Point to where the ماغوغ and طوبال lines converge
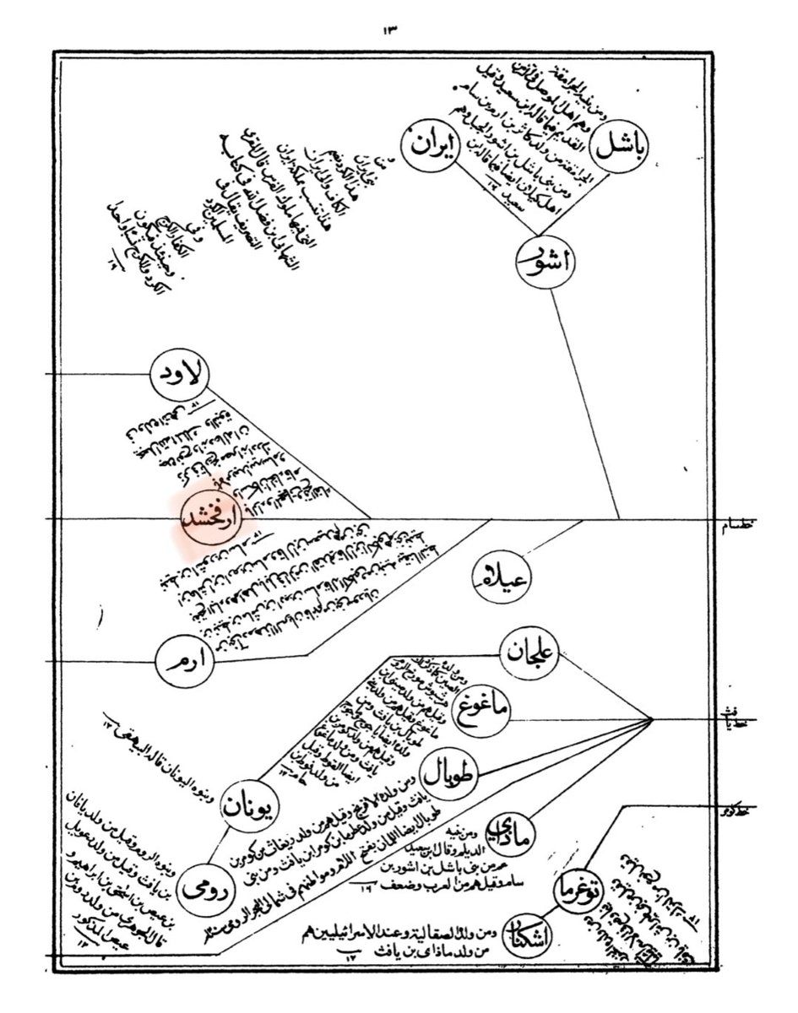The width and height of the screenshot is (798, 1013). click(653, 719)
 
